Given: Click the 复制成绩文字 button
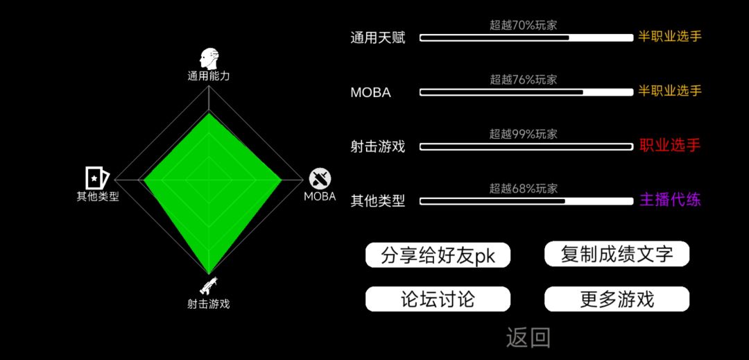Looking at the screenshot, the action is pyautogui.click(x=617, y=254).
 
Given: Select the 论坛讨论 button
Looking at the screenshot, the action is pyautogui.click(x=438, y=299).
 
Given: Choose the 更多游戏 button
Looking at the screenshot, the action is pyautogui.click(x=617, y=299).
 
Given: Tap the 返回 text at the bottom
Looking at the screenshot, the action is pyautogui.click(x=528, y=338).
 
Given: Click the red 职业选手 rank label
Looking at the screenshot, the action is pyautogui.click(x=670, y=146).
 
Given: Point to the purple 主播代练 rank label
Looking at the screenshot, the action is pyautogui.click(x=670, y=200).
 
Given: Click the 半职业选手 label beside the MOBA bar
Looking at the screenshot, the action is pyautogui.click(x=670, y=91).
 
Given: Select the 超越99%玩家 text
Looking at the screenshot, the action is pyautogui.click(x=523, y=134).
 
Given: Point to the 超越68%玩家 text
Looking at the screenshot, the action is pyautogui.click(x=523, y=189).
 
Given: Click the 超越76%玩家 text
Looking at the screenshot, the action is pyautogui.click(x=523, y=80).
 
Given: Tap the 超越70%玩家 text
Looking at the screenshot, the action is pyautogui.click(x=523, y=25).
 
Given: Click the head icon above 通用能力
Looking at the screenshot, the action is pyautogui.click(x=209, y=58).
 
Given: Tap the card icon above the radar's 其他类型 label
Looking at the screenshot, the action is pyautogui.click(x=97, y=178).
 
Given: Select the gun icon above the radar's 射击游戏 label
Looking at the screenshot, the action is pyautogui.click(x=209, y=285).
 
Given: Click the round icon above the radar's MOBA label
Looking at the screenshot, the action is pyautogui.click(x=320, y=179).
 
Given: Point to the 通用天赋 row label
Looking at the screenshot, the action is pyautogui.click(x=378, y=38).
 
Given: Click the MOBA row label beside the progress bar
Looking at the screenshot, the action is pyautogui.click(x=370, y=93).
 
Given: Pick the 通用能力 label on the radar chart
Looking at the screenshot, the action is pyautogui.click(x=209, y=76).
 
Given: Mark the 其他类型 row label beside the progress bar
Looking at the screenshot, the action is pyautogui.click(x=378, y=201).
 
